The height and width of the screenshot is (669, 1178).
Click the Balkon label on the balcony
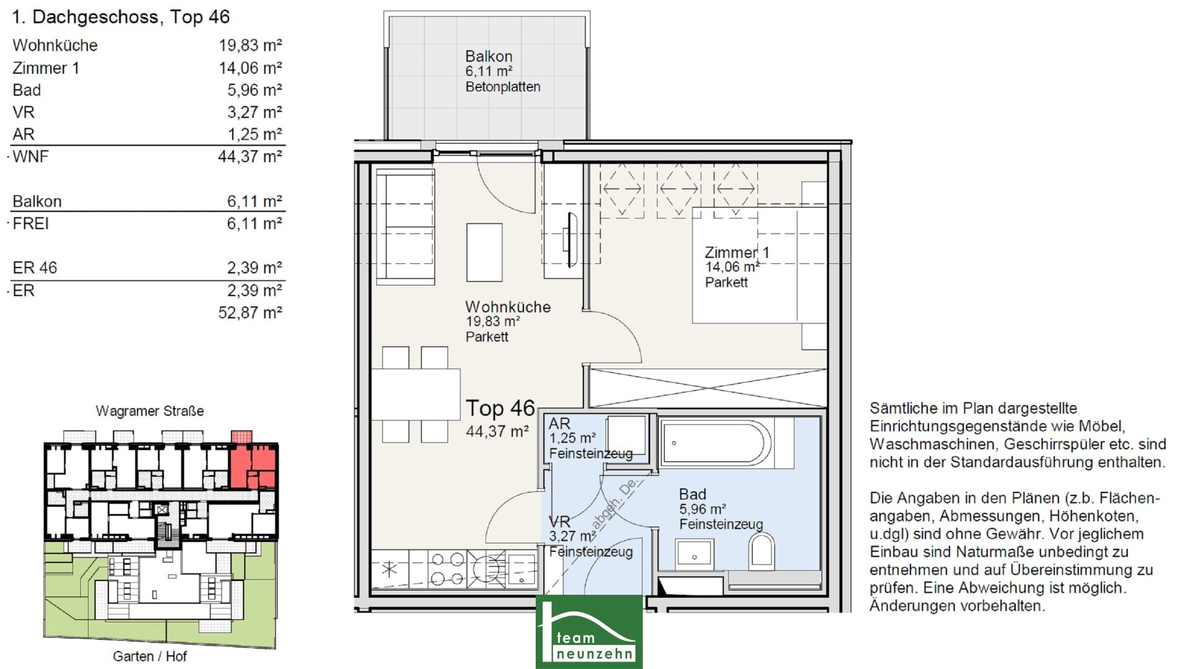point(489,56)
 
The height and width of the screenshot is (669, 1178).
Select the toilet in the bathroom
point(761,551)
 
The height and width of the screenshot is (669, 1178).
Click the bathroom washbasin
point(695,554)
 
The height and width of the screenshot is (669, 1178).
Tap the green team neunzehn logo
point(589,632)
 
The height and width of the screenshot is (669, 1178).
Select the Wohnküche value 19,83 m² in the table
point(250,45)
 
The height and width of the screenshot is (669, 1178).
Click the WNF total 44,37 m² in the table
point(250,156)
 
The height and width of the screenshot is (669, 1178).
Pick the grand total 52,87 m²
point(250,312)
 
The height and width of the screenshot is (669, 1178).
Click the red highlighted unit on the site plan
point(253,465)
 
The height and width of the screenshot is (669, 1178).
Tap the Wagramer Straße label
point(150,411)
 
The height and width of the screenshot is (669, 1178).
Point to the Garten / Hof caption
point(150,656)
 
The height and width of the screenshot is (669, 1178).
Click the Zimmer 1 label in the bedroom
point(737,252)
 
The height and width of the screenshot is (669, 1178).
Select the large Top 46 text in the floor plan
point(500,408)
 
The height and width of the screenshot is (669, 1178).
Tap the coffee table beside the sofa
point(484,253)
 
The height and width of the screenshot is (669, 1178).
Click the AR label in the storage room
point(559,424)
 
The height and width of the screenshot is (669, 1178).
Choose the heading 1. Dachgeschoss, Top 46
point(121,17)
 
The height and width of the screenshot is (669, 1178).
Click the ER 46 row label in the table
point(35,268)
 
